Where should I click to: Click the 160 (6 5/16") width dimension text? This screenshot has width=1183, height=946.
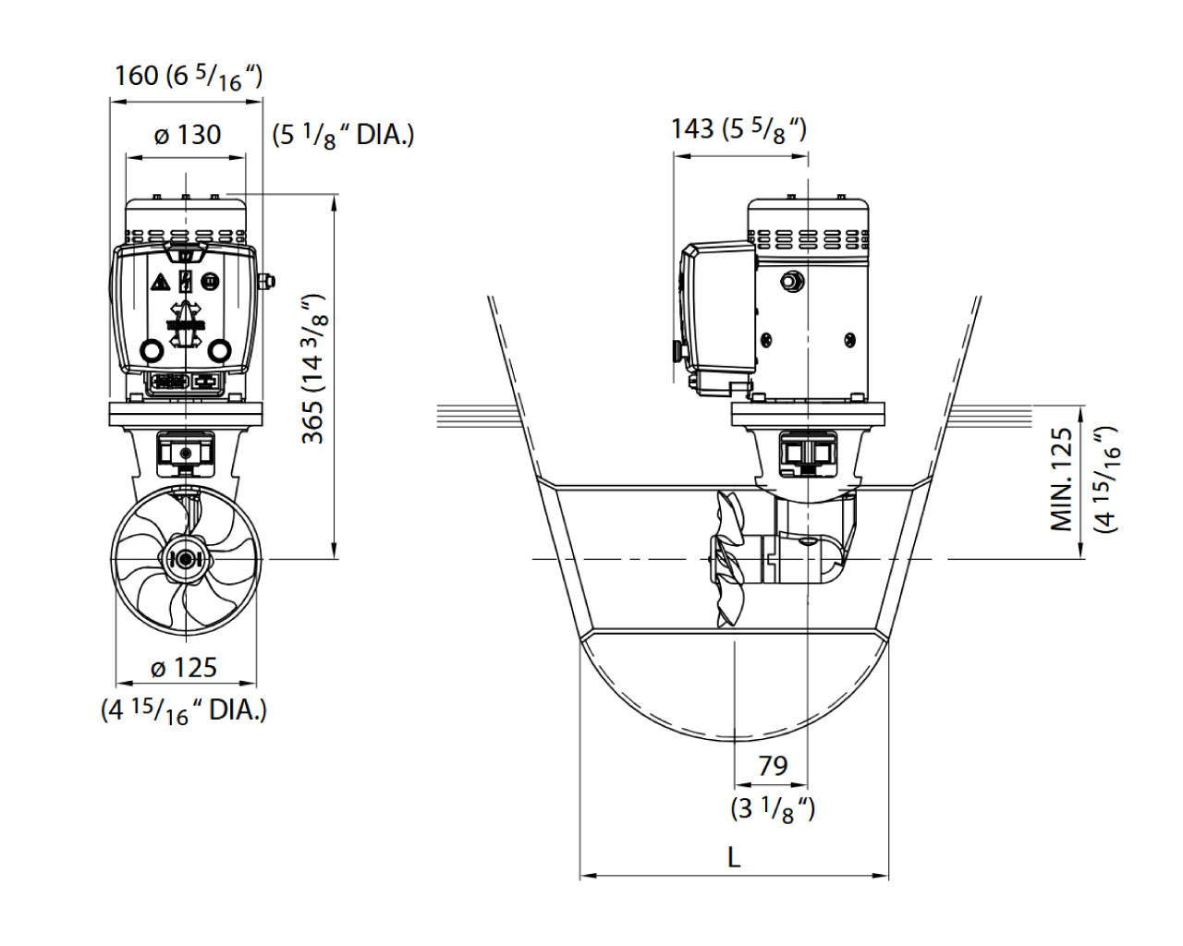[x=189, y=77]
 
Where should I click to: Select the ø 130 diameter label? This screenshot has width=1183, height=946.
[x=188, y=135]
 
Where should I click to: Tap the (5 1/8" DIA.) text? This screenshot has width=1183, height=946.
[x=344, y=136]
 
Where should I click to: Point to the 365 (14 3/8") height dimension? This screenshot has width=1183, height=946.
[x=314, y=369]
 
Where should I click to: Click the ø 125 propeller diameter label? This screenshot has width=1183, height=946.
[x=184, y=668]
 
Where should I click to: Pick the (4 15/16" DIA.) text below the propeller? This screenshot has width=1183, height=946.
[x=184, y=712]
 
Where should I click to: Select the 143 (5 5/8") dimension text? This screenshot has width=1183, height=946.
[x=738, y=130]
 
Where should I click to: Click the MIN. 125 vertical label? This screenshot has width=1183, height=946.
[x=1062, y=479]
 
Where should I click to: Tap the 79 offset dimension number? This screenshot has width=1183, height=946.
[x=773, y=765]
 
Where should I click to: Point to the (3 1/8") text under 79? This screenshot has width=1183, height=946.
[x=773, y=809]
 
